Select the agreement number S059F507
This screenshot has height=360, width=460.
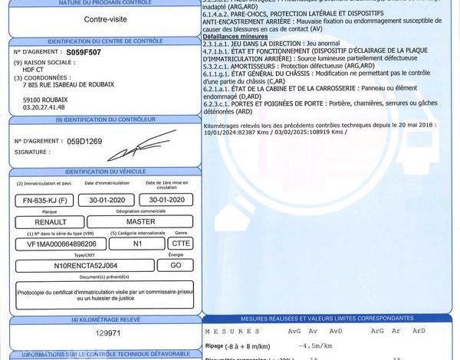[x=84, y=51]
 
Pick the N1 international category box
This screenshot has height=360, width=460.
[x=137, y=244]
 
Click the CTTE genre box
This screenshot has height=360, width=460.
[x=181, y=244]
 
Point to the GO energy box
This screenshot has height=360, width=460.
[x=176, y=265]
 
